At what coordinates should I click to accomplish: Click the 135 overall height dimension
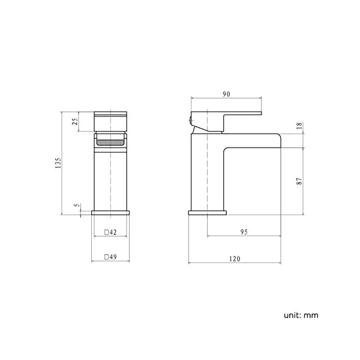(58, 163)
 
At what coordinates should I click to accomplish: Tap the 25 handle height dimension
(75, 121)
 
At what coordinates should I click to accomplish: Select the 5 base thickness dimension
(77, 205)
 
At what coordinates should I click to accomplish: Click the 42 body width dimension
(113, 232)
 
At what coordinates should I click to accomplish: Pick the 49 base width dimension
(113, 257)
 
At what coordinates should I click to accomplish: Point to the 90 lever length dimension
(226, 94)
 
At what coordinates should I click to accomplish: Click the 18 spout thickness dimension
(299, 125)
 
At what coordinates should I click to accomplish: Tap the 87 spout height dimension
(299, 181)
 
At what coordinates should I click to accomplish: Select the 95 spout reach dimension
(244, 232)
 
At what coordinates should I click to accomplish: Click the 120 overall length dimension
(235, 259)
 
